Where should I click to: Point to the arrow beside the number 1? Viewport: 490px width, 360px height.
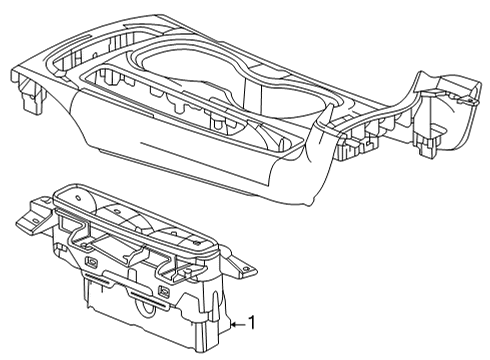point(237,324)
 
